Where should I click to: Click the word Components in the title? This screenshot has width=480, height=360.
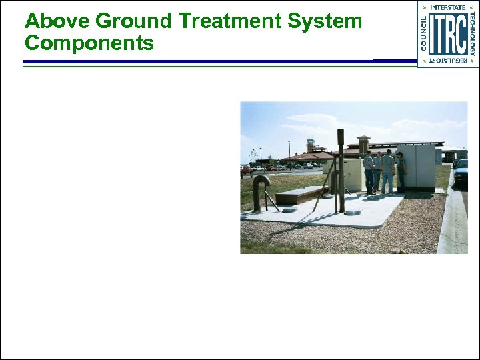[x=89, y=43]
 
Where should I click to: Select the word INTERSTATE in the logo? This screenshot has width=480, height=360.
[x=447, y=7]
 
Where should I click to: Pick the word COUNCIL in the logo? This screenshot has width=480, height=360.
[x=425, y=34]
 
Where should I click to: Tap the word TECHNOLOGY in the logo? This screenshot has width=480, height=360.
[x=472, y=34]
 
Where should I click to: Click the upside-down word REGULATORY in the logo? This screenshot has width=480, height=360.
[x=447, y=61]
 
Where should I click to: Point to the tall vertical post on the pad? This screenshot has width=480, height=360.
[x=341, y=170]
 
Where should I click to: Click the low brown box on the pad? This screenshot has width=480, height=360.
[x=301, y=194]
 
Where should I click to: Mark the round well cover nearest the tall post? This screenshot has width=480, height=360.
[x=353, y=212]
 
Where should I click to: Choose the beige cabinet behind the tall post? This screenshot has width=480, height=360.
[x=351, y=173]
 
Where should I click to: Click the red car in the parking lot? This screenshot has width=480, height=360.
[x=246, y=169]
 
